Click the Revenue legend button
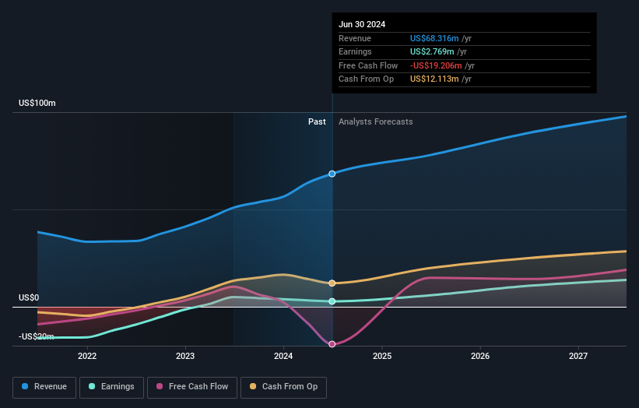click(x=44, y=386)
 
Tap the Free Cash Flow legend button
click(x=191, y=386)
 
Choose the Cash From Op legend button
click(x=283, y=386)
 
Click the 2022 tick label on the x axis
click(x=87, y=356)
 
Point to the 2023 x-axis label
click(x=185, y=356)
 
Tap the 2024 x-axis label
click(x=283, y=356)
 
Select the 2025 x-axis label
click(x=382, y=356)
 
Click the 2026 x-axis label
click(x=480, y=356)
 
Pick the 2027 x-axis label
click(x=578, y=356)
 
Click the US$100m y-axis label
click(x=37, y=104)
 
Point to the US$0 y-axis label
click(x=30, y=298)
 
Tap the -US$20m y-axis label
click(x=36, y=337)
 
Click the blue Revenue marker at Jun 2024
click(x=332, y=174)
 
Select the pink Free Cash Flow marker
click(x=332, y=344)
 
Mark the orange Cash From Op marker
click(x=332, y=283)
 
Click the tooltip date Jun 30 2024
click(x=362, y=25)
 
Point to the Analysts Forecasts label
click(x=376, y=121)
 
